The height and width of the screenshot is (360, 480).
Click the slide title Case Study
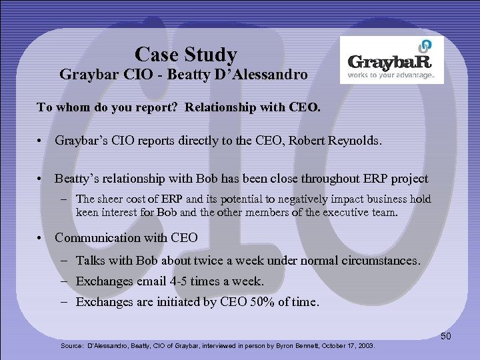[185, 53]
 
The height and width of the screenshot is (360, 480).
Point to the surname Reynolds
[356, 141]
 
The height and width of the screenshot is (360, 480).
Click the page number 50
[446, 336]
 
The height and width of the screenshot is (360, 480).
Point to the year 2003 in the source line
[365, 346]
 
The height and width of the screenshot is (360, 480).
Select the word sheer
[110, 199]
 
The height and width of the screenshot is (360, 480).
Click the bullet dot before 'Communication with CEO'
[42, 238]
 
